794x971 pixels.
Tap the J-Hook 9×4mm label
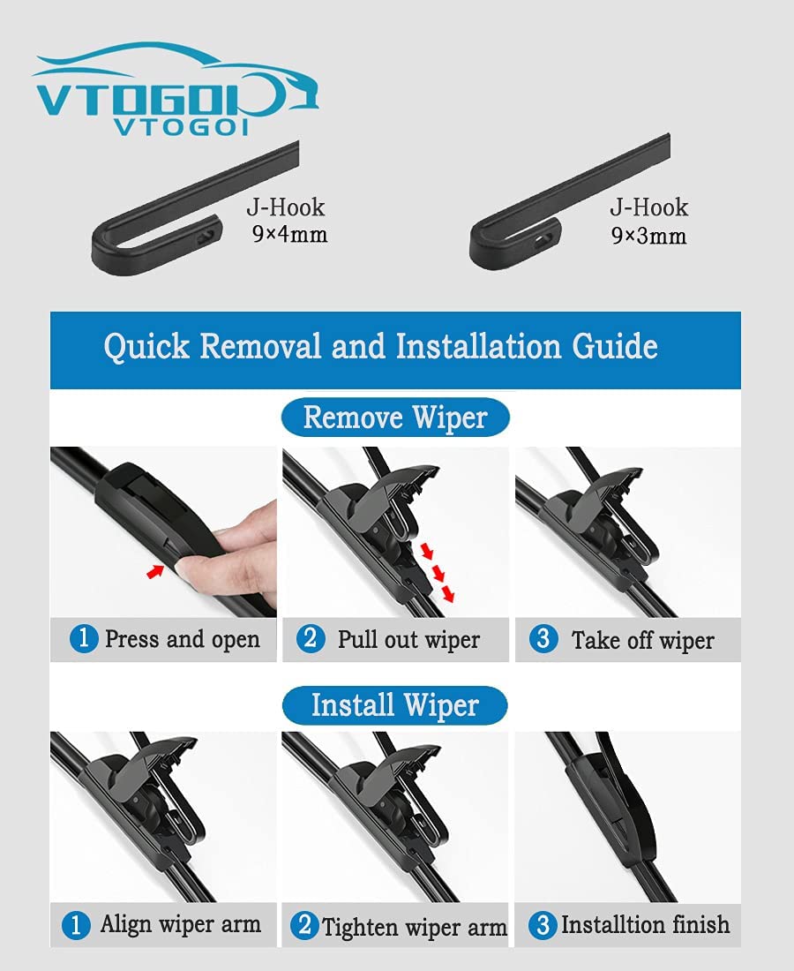click(x=287, y=221)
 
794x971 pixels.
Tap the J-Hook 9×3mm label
click(x=649, y=221)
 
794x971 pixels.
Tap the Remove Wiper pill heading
click(x=395, y=418)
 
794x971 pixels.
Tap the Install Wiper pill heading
click(x=395, y=705)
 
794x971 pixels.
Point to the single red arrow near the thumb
click(x=154, y=571)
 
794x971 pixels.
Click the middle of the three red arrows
click(x=438, y=574)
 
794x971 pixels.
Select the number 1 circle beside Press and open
click(x=84, y=638)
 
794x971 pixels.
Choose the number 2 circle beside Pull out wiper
click(x=311, y=638)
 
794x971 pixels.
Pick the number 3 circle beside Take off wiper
click(x=544, y=638)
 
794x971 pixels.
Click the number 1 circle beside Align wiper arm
click(x=76, y=925)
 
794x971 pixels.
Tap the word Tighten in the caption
click(x=361, y=928)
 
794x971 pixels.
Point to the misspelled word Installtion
click(x=613, y=924)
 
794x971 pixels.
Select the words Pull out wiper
click(x=408, y=640)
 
